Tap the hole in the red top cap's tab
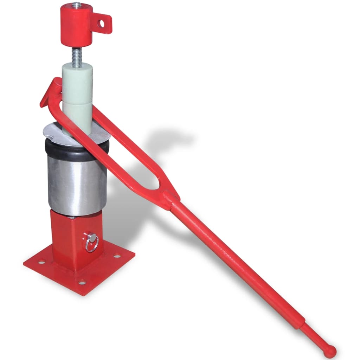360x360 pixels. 102,23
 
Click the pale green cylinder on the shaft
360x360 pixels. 77,95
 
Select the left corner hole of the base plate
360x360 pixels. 41,262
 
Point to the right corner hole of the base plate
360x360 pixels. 116,256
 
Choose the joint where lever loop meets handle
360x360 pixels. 169,198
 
